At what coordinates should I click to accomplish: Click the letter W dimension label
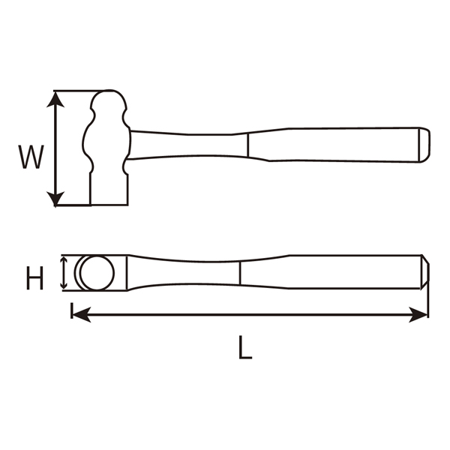[29, 157]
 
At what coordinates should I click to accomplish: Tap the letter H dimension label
[33, 279]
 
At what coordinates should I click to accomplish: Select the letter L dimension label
[245, 347]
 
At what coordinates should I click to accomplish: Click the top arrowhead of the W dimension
[55, 97]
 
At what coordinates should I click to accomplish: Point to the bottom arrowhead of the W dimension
[55, 199]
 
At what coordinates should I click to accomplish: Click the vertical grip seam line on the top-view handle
[239, 273]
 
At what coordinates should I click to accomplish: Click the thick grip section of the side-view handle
[337, 145]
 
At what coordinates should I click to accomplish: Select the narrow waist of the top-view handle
[187, 273]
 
